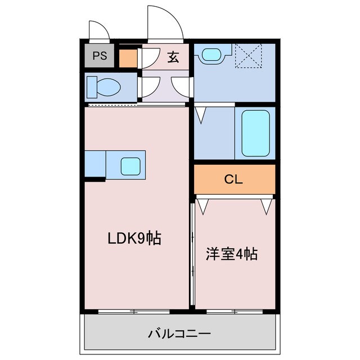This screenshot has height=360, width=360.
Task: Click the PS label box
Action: pyautogui.click(x=100, y=56)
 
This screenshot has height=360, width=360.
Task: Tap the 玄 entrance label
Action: pyautogui.click(x=173, y=57)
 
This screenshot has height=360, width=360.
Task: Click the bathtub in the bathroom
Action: pyautogui.click(x=256, y=133)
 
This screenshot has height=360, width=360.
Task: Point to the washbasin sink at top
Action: pyautogui.click(x=211, y=55)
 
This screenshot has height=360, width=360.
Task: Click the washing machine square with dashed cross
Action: pyautogui.click(x=248, y=55)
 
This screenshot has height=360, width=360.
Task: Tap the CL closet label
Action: pyautogui.click(x=233, y=179)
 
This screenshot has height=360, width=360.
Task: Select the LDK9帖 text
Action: pyautogui.click(x=134, y=238)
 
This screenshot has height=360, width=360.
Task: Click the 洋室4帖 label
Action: pyautogui.click(x=231, y=254)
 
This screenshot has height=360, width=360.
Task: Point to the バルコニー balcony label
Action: pyautogui.click(x=179, y=334)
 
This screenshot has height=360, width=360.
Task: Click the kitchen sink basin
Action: pyautogui.click(x=130, y=165)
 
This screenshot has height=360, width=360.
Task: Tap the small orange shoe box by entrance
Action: pyautogui.click(x=128, y=58)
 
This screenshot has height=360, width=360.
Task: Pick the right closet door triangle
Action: pyautogui.click(x=267, y=205)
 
